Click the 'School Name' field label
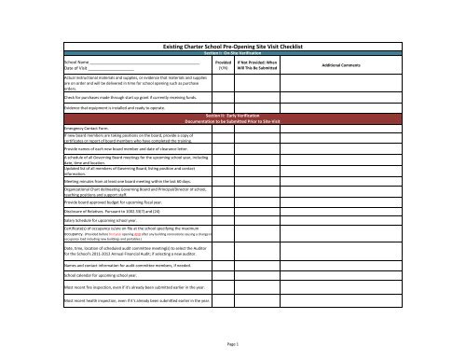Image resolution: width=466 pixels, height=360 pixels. (x=80, y=62)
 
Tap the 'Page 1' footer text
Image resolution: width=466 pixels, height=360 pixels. (x=232, y=346)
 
